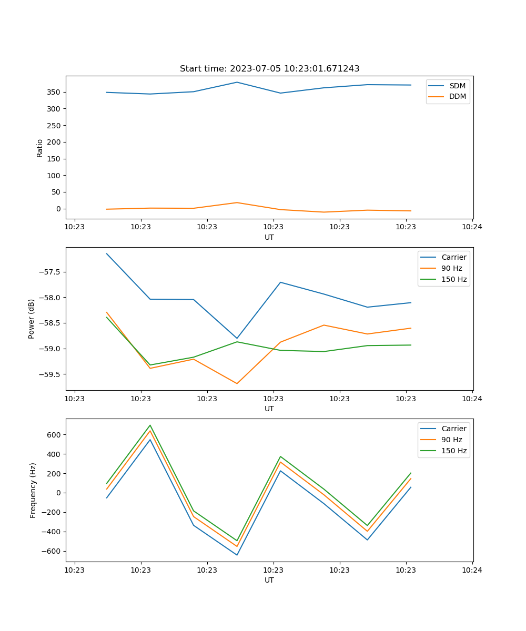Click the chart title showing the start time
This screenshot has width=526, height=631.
269,69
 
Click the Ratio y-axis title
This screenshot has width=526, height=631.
40,148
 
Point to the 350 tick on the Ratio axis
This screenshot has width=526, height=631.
54,92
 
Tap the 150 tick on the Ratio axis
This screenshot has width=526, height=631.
54,159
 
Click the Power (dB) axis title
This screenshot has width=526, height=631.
32,319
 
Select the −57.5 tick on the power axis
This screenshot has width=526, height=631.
50,272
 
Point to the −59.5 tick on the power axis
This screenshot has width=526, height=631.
50,374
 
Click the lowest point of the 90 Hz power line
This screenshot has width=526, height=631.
237,383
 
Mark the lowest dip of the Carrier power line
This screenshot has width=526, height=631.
237,338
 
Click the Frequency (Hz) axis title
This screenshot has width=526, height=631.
33,490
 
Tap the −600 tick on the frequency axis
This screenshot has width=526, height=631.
52,551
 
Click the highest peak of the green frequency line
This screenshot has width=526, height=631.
150,425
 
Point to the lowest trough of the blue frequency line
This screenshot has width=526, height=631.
237,555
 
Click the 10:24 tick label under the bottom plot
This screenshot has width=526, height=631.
472,569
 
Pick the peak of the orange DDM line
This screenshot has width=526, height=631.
237,202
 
